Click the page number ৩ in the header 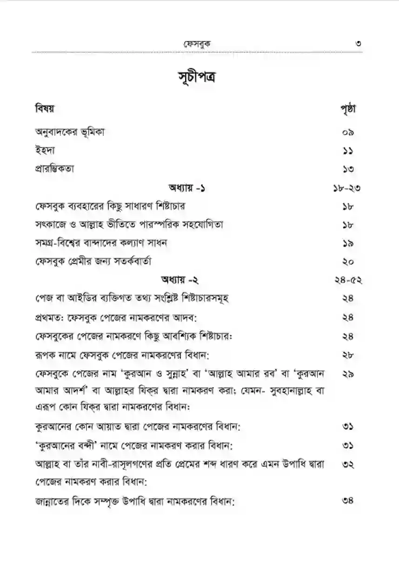(x=358, y=44)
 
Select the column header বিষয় (x=45, y=109)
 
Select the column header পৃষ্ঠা (x=346, y=110)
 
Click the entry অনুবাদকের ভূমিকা (x=70, y=132)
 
